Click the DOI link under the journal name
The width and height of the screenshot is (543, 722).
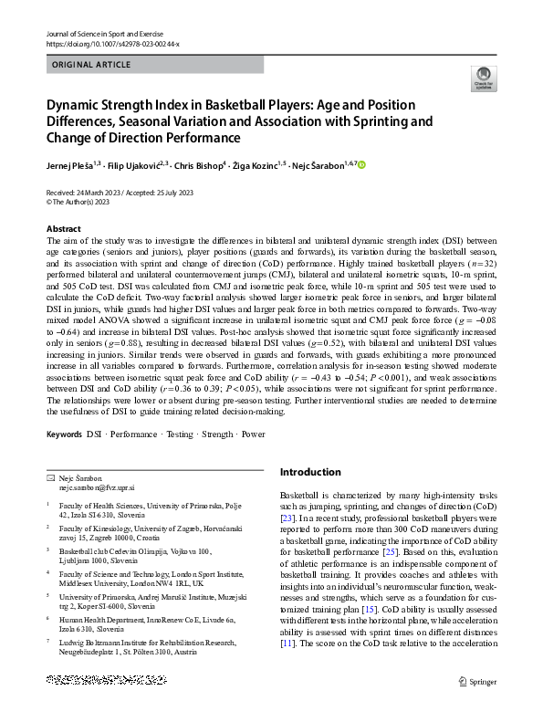pyautogui.click(x=112, y=44)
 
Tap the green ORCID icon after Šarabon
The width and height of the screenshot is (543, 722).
pyautogui.click(x=361, y=164)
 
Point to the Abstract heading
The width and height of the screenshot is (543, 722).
pyautogui.click(x=63, y=229)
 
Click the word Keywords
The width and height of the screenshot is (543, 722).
pyautogui.click(x=64, y=434)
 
